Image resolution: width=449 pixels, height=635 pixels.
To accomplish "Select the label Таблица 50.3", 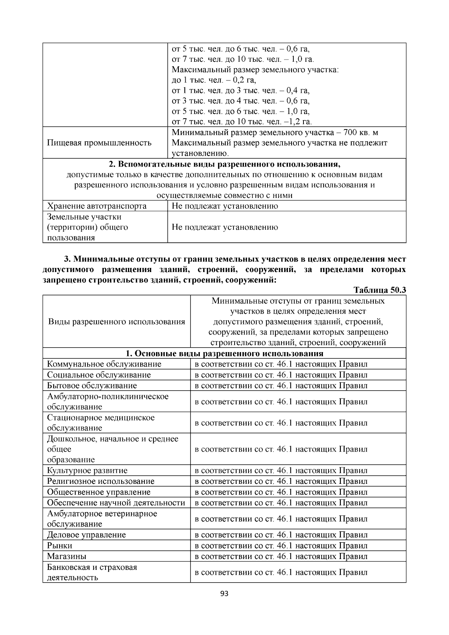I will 380,290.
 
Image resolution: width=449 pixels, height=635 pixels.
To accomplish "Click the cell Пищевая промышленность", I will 99,143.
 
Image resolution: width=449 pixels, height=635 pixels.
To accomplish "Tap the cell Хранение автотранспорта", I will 97,206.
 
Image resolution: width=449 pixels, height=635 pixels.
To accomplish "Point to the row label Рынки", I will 60,546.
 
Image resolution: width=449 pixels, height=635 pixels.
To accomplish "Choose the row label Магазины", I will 67,556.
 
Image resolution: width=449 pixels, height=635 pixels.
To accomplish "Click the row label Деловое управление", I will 86,535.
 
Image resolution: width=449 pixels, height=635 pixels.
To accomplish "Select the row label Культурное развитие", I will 87,471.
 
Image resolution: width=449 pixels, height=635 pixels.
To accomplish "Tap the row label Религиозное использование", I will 101,482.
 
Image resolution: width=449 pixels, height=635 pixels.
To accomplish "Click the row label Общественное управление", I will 99,492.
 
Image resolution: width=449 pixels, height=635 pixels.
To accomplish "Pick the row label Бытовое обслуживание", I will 92,386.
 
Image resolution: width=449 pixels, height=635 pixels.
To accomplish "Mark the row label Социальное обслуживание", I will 99,375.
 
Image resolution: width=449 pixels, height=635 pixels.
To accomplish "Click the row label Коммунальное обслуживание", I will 104,364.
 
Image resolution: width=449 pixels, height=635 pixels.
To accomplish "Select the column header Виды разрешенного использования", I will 116,322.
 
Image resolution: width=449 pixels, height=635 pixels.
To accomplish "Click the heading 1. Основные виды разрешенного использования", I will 224,354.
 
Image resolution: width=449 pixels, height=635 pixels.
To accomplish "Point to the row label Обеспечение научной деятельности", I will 116,503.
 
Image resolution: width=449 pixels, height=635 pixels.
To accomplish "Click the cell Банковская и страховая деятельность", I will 92,572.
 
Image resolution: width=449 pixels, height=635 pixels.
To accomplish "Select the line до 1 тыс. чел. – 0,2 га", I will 214,80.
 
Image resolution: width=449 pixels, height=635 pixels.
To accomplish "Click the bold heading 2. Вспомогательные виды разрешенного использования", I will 224,164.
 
